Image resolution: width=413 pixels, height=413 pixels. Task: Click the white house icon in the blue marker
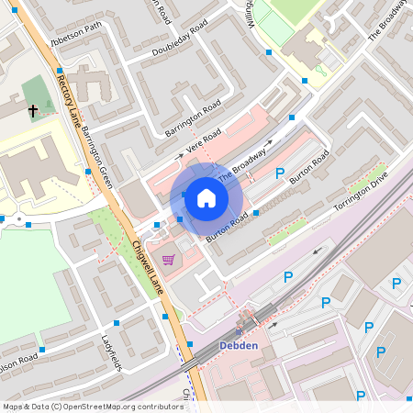tap(206, 197)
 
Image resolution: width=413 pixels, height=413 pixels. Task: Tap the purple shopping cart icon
tap(168, 259)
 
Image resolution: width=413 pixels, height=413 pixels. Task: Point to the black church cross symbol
tap(34, 111)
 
